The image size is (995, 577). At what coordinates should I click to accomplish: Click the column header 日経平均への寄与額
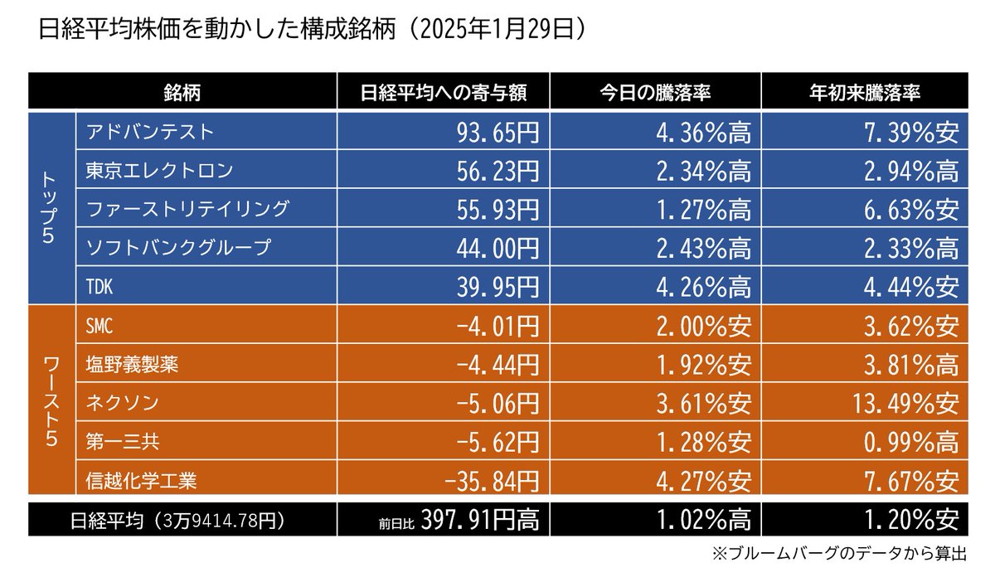[444, 91]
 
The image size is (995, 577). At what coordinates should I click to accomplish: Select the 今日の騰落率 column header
[655, 91]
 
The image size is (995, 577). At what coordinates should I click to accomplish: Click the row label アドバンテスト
[150, 130]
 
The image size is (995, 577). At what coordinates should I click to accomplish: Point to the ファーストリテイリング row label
[187, 208]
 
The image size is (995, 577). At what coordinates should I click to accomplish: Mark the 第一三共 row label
[116, 441]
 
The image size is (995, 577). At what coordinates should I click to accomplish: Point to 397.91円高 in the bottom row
[480, 520]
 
